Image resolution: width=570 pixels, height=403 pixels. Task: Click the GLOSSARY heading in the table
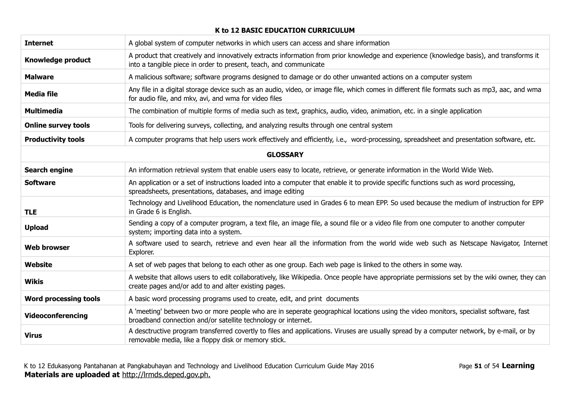285,155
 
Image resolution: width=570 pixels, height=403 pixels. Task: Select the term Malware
39,77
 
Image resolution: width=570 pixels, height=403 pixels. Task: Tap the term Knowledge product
58,60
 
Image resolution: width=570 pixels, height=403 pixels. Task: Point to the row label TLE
31,212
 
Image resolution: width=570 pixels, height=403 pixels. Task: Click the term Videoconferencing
56,316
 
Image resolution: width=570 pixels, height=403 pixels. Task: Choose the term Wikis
34,282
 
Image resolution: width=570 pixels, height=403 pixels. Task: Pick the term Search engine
49,170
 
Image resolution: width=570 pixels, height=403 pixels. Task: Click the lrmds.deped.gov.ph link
166,375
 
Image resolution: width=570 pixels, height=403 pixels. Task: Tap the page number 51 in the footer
478,366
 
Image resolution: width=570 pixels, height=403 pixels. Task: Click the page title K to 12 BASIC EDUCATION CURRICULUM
285,30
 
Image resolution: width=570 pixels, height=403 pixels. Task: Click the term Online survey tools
57,125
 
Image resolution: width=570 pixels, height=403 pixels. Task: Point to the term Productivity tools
55,139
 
